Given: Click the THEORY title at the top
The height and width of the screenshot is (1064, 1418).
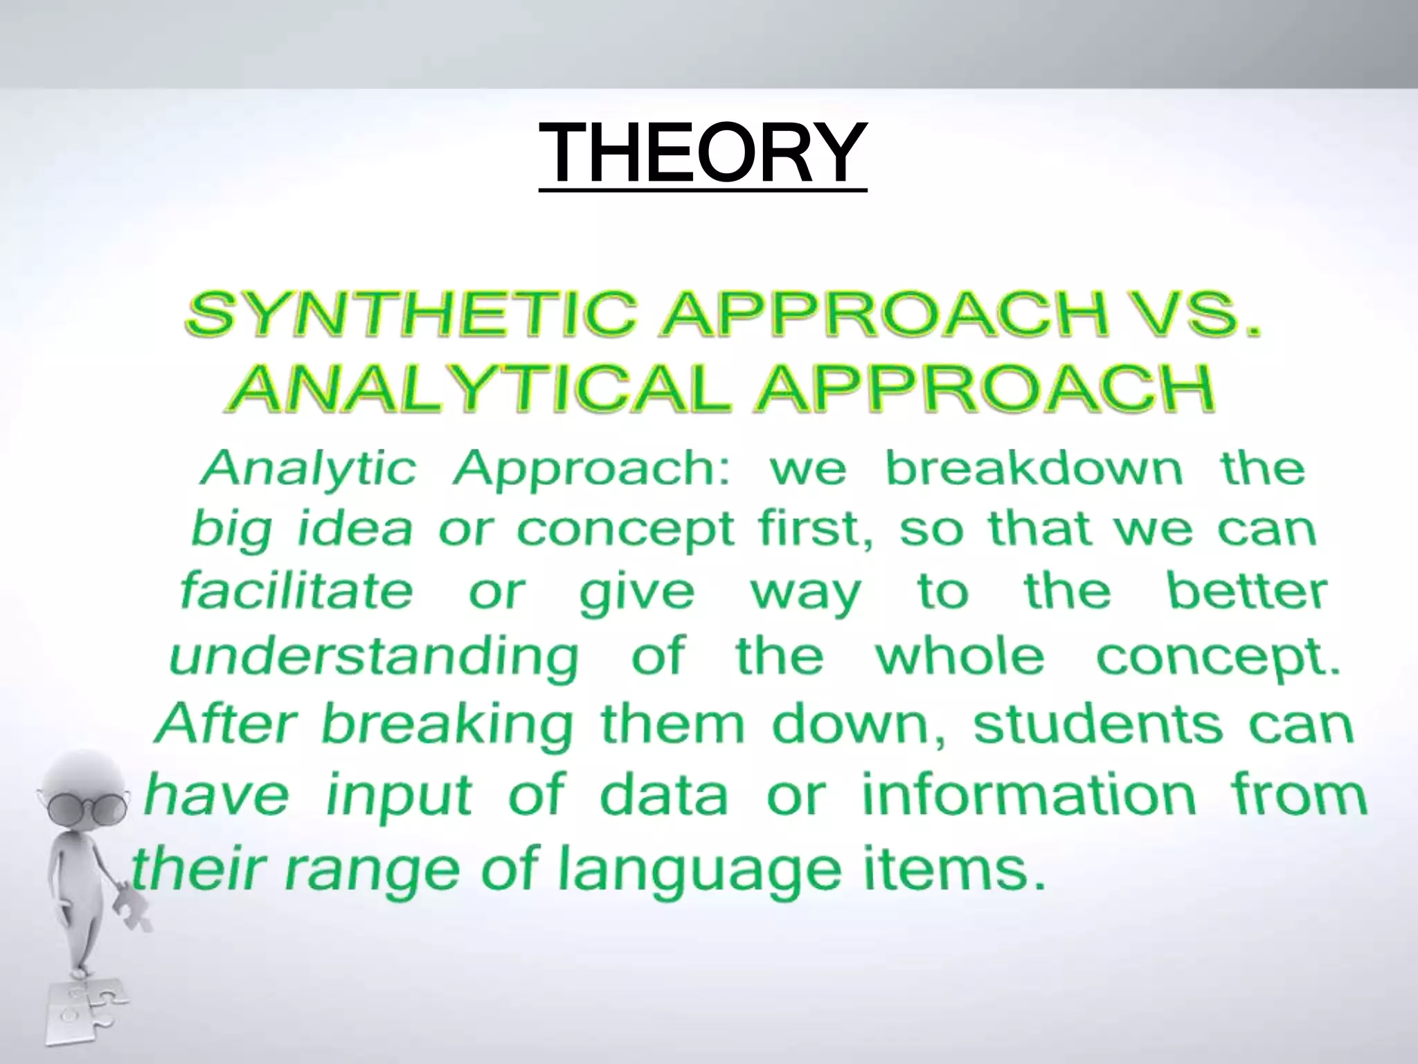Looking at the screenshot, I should click(x=702, y=152).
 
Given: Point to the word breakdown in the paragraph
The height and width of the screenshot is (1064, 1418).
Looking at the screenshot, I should click(x=1034, y=468).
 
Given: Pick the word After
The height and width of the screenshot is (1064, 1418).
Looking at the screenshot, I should click(x=226, y=723).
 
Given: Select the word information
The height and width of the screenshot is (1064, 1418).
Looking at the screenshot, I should click(x=1029, y=795).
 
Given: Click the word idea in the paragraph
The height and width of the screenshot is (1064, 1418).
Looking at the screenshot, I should click(x=354, y=529).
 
